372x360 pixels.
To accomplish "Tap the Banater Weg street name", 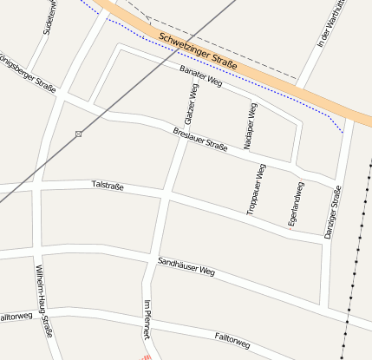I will pyautogui.click(x=201, y=76).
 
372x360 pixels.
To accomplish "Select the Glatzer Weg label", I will pyautogui.click(x=191, y=102).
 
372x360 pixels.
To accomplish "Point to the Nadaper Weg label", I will pyautogui.click(x=251, y=126).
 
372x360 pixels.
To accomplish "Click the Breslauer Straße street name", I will pyautogui.click(x=200, y=141).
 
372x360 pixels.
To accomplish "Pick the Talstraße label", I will pyautogui.click(x=114, y=186).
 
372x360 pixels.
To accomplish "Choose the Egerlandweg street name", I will pyautogui.click(x=296, y=205).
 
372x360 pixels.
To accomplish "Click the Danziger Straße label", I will pyautogui.click(x=333, y=212).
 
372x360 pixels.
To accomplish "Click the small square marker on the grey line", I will pyautogui.click(x=79, y=134).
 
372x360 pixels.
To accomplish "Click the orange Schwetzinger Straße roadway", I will pyautogui.click(x=260, y=73).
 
